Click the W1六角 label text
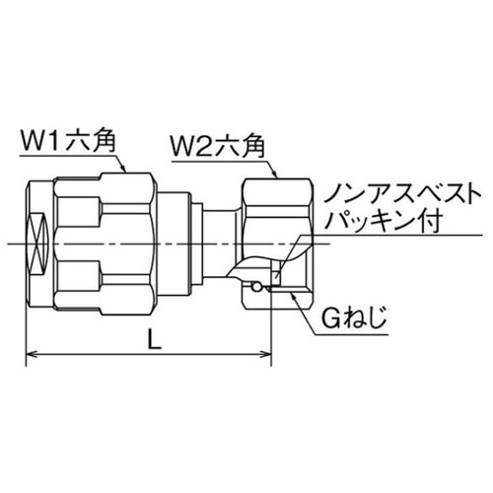(x=70, y=140)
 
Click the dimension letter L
(x=151, y=337)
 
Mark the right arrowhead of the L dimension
(x=269, y=356)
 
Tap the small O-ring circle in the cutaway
(x=256, y=287)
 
